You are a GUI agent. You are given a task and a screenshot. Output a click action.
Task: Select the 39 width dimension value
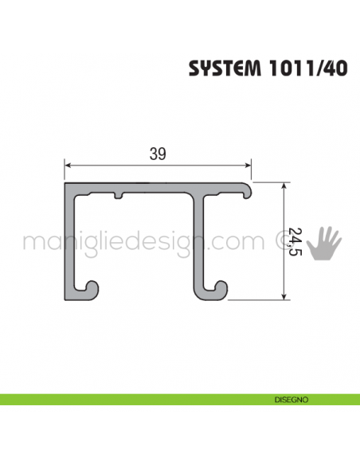click(158, 154)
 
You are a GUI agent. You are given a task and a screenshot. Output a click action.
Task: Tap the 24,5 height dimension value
click(295, 241)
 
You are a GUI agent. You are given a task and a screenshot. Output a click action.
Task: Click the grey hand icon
click(325, 242)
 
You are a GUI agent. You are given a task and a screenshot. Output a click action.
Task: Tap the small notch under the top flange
click(119, 194)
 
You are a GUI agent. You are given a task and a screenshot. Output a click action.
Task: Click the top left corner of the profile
click(66, 186)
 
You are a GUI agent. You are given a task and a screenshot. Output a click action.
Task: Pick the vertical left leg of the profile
click(70, 247)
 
